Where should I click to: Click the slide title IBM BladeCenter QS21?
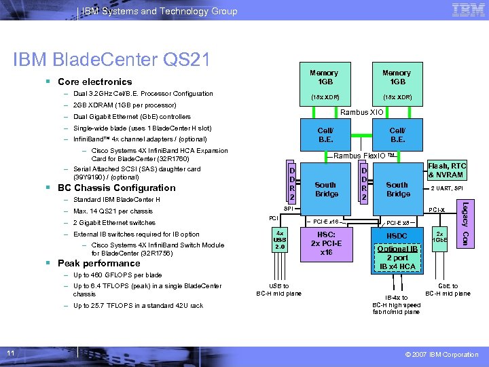point(111,60)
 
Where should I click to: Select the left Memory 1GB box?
point(323,84)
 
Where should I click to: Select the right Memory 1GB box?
point(396,84)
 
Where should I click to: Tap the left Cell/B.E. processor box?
point(326,135)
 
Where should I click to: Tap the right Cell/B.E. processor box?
point(397,135)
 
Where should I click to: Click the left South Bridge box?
point(326,189)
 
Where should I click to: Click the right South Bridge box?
point(398,189)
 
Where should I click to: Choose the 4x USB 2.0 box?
point(280,240)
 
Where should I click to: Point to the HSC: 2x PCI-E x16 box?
point(326,244)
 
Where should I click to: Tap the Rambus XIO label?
point(361,112)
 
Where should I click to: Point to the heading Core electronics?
point(94,82)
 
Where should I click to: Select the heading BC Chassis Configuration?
point(116,188)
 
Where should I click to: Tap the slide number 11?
point(11,353)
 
